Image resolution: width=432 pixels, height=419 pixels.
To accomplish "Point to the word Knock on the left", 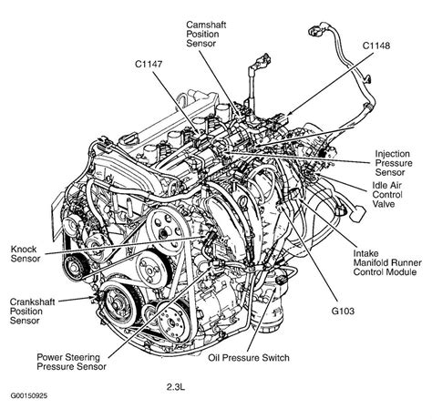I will pyautogui.click(x=26, y=245).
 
